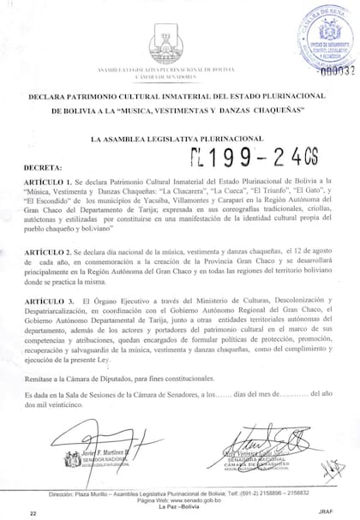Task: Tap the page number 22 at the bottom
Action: coord(33,512)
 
